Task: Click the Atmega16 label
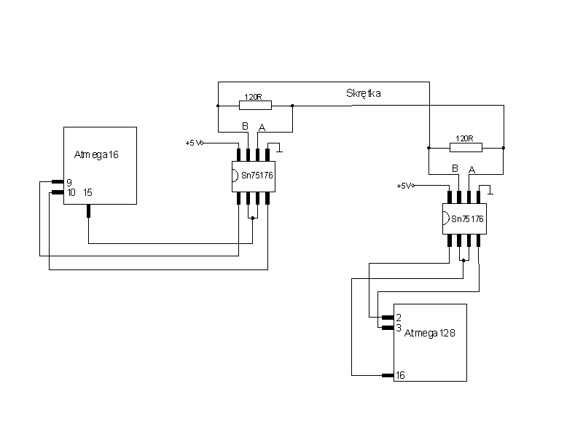tap(96, 154)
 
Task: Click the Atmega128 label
tap(429, 333)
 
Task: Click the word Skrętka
tap(363, 93)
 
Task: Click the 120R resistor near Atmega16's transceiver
tap(256, 106)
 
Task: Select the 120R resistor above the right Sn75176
tap(466, 148)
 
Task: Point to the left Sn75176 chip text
tap(257, 176)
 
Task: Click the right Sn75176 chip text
tap(467, 219)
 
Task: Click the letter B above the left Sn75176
tap(245, 126)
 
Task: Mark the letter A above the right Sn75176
tap(472, 170)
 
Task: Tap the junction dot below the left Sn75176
tap(253, 218)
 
